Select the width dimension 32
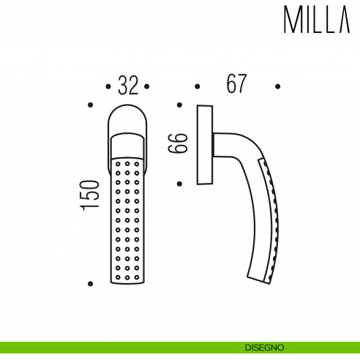click(127, 86)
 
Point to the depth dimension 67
click(236, 85)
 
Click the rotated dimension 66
click(179, 143)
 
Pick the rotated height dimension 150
click(89, 196)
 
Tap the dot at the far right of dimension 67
click(277, 85)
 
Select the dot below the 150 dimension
click(89, 283)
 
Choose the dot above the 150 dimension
click(89, 105)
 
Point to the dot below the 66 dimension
click(179, 183)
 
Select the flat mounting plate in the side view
click(205, 146)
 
